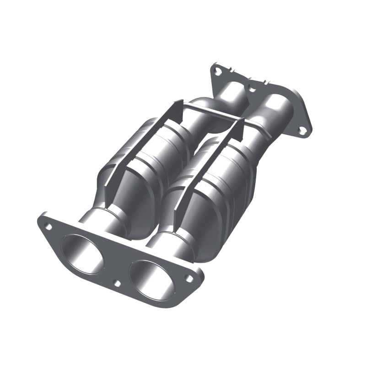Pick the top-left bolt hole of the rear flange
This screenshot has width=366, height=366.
coord(217,71)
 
